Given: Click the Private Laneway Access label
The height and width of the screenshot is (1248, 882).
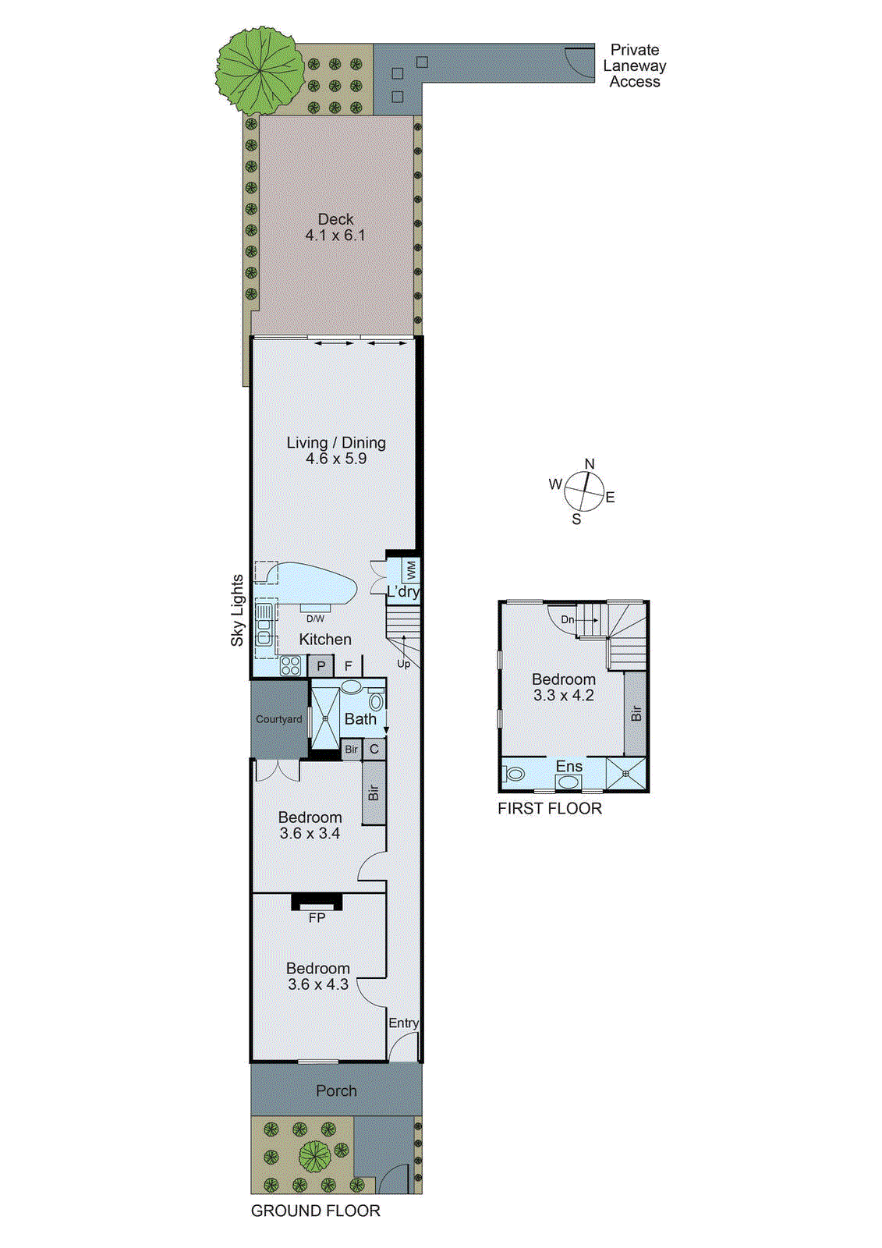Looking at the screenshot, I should point(634,66).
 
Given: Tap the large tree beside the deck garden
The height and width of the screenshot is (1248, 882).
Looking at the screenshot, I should point(259,69).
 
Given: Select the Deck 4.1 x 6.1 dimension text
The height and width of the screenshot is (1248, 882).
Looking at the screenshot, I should point(335,236).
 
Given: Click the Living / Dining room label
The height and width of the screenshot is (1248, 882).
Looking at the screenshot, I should point(336,442).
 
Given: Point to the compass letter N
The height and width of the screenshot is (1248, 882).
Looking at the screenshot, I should point(590,464).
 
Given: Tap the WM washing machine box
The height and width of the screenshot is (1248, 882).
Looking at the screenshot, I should point(411,569).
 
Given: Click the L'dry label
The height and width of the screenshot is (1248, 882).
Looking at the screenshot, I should point(403,592).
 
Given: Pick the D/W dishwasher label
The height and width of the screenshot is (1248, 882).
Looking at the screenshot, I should point(315,619).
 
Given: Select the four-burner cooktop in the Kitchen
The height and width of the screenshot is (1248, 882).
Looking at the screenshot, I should point(290,665).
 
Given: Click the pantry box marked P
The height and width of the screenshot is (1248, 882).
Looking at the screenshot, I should point(321,667).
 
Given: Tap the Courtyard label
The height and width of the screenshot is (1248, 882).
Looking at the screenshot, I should point(278,719).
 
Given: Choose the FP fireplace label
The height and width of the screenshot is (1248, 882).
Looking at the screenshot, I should point(317,918).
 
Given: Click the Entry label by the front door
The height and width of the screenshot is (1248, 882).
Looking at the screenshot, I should point(403,1023).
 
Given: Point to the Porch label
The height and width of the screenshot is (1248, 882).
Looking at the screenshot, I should point(336,1090).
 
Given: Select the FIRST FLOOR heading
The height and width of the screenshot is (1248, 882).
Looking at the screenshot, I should point(550,809).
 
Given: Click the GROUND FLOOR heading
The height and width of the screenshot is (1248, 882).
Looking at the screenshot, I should point(315,1211).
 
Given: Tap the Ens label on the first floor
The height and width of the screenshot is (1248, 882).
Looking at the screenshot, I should point(569,767).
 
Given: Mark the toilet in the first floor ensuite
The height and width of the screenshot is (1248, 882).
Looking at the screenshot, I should point(515,775).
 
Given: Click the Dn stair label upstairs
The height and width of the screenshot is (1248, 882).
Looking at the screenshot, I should point(568,620).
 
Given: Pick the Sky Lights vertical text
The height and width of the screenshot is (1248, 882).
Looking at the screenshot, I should point(237,610).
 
